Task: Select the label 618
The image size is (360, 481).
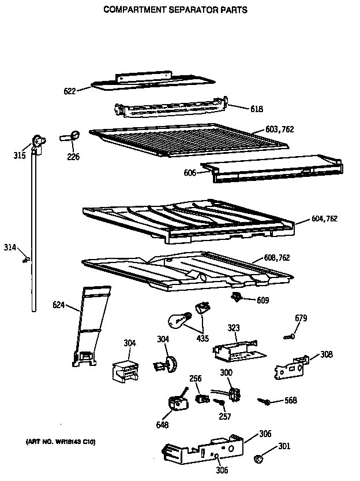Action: point(257,108)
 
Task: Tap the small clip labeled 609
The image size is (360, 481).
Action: point(235,297)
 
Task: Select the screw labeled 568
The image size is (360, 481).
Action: point(266,400)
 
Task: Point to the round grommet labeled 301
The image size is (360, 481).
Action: point(258,459)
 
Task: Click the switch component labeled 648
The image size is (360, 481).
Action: point(175,403)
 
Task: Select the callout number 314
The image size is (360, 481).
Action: point(10,247)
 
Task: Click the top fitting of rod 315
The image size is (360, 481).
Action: point(38,141)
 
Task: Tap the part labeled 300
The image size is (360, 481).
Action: point(233,393)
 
